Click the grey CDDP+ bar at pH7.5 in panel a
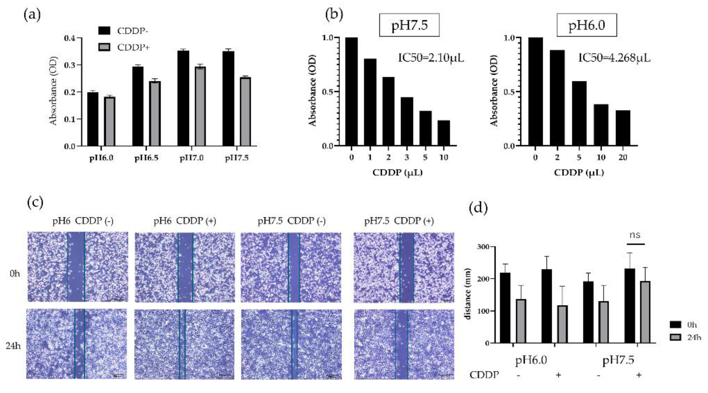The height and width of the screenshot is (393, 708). click(245, 111)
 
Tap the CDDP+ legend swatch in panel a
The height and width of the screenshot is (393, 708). click(104, 47)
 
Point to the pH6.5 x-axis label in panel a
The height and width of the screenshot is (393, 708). click(146, 159)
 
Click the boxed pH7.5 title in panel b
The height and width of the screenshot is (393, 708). click(409, 25)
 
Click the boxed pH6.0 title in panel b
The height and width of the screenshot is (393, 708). click(587, 25)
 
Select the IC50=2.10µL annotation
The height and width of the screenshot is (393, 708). click(431, 58)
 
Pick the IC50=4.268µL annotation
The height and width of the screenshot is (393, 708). click(614, 58)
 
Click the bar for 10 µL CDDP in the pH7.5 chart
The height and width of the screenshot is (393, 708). click(444, 133)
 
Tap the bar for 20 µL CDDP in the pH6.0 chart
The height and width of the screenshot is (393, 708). click(623, 128)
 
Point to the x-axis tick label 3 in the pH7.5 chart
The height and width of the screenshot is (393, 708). click(407, 157)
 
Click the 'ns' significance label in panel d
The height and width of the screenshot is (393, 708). click(635, 235)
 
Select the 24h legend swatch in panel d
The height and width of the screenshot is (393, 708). click(675, 337)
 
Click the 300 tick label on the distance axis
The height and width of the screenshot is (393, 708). click(483, 247)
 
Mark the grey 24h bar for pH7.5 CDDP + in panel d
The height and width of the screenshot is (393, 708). click(644, 312)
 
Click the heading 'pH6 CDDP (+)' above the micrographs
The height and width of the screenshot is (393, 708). click(185, 221)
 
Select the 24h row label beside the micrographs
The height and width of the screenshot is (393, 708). click(13, 346)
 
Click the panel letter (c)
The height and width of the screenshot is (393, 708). click(35, 202)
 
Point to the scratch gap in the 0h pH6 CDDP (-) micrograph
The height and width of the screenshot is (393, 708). click(76, 267)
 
